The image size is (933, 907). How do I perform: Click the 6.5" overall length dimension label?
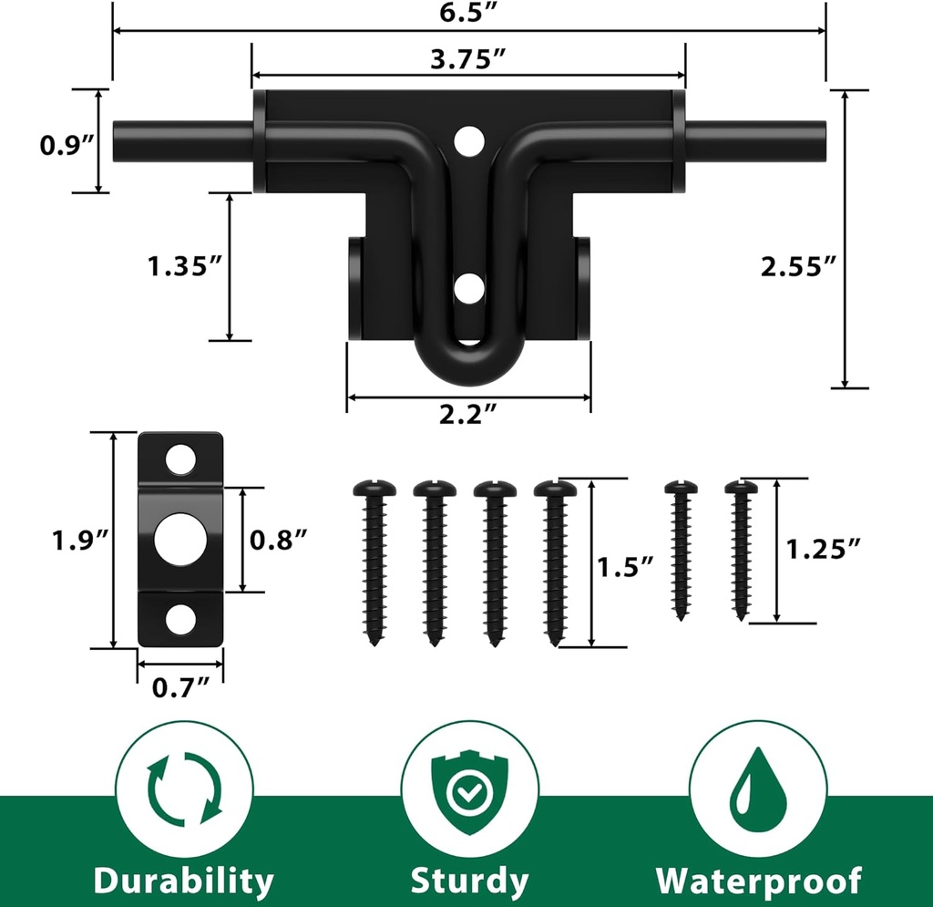(468, 12)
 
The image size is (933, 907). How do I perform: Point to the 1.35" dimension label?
(185, 267)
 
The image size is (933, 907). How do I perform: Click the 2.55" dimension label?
(798, 266)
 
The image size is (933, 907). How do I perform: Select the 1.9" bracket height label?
(79, 541)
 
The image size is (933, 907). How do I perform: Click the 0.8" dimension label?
(278, 540)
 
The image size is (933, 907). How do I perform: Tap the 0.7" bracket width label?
(180, 686)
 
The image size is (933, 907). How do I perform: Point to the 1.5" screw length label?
(626, 565)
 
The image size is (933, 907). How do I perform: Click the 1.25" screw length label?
(824, 549)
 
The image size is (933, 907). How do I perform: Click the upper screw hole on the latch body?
(469, 139)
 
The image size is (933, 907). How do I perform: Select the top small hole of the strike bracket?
(181, 459)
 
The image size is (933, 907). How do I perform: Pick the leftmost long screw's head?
(374, 490)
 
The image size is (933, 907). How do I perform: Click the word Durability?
(183, 881)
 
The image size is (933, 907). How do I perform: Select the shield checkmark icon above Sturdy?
(468, 789)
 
